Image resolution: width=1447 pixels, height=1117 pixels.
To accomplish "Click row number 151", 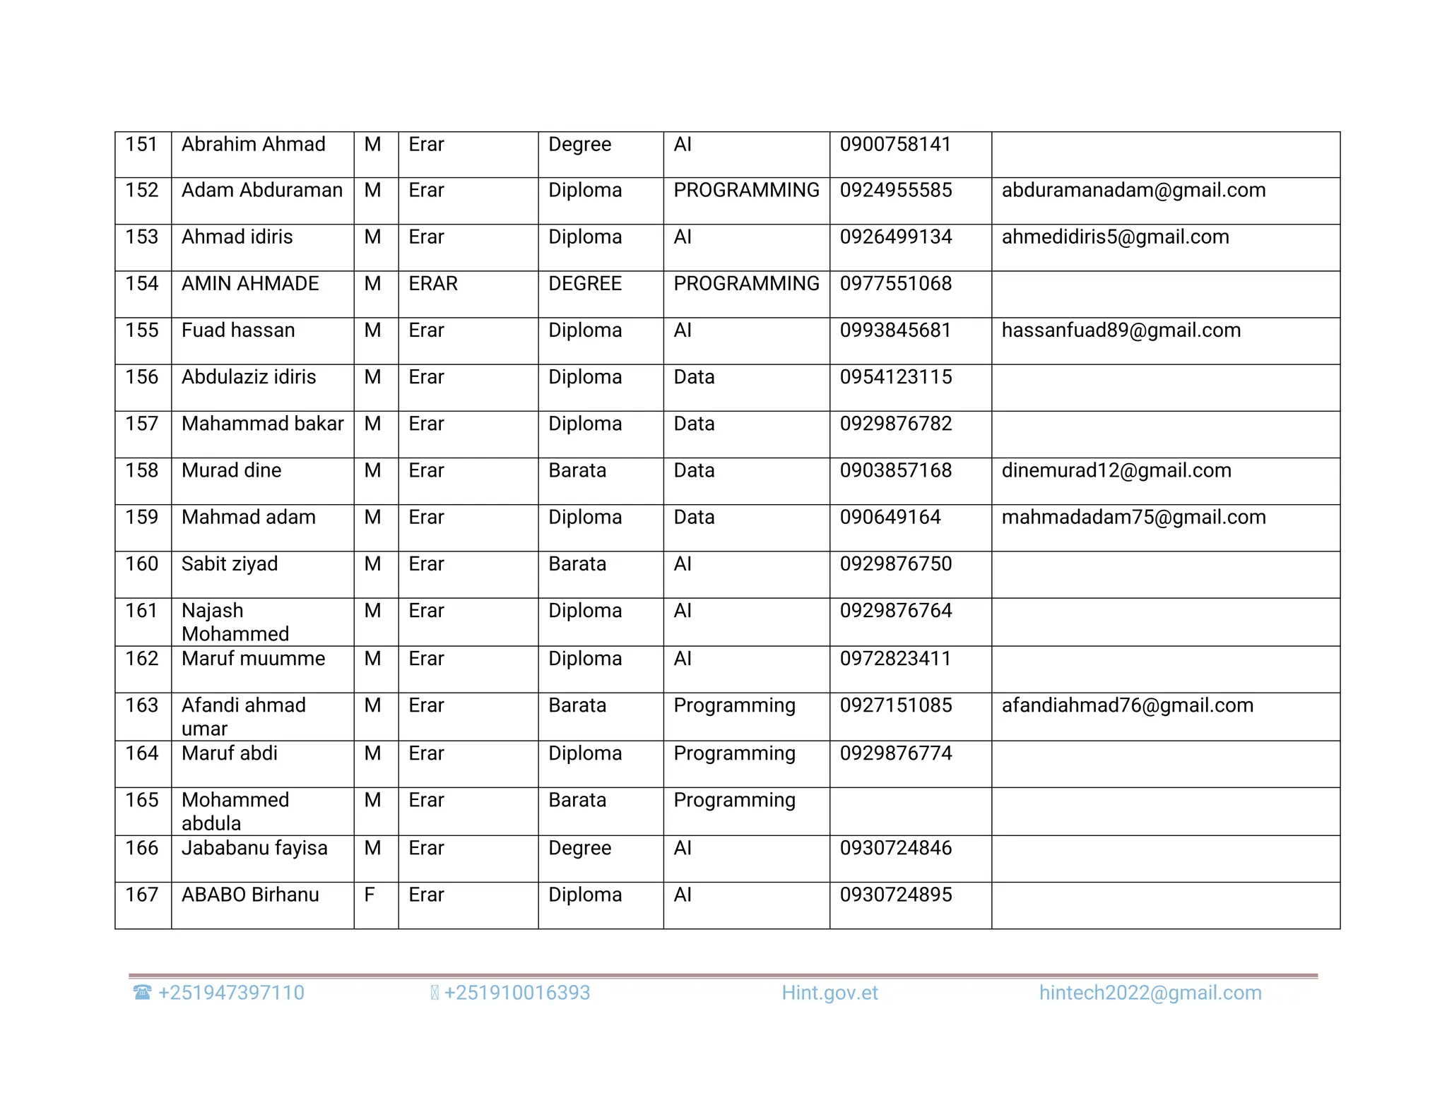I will pyautogui.click(x=141, y=145).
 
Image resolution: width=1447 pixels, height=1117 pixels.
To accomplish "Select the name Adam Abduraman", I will pyautogui.click(x=261, y=191).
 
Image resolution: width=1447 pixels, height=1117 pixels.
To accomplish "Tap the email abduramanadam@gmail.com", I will pyautogui.click(x=1133, y=191).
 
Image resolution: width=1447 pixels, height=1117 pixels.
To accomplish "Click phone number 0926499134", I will pyautogui.click(x=895, y=237).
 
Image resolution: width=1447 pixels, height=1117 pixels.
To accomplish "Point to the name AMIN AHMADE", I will pyautogui.click(x=250, y=284).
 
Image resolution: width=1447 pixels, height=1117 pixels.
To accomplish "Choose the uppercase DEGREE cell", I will pyautogui.click(x=585, y=284).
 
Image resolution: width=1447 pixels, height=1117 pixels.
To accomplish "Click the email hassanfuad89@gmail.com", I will pyautogui.click(x=1121, y=330).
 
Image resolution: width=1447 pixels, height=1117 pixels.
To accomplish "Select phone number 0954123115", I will pyautogui.click(x=895, y=377).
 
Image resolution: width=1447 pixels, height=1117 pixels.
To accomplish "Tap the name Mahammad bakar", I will pyautogui.click(x=262, y=424).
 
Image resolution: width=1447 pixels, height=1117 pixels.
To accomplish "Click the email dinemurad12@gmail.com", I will pyautogui.click(x=1116, y=471).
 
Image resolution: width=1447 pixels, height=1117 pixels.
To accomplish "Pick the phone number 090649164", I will pyautogui.click(x=890, y=518).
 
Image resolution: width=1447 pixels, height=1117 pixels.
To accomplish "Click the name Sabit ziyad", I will pyautogui.click(x=230, y=564).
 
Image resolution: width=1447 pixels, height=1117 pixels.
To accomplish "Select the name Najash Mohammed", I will pyautogui.click(x=235, y=622).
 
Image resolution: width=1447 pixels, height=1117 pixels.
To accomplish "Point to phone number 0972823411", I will pyautogui.click(x=895, y=659).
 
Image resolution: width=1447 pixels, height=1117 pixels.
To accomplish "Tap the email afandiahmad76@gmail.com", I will pyautogui.click(x=1127, y=705).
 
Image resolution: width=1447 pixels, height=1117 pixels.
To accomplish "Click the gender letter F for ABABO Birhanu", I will pyautogui.click(x=370, y=895).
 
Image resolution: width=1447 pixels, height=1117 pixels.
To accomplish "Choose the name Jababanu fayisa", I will pyautogui.click(x=254, y=848).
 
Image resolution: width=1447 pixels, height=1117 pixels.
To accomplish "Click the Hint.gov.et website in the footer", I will pyautogui.click(x=829, y=993).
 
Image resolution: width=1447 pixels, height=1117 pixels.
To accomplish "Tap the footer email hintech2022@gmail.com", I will pyautogui.click(x=1150, y=993).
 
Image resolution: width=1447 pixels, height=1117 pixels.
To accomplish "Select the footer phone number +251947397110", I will pyautogui.click(x=231, y=993).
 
